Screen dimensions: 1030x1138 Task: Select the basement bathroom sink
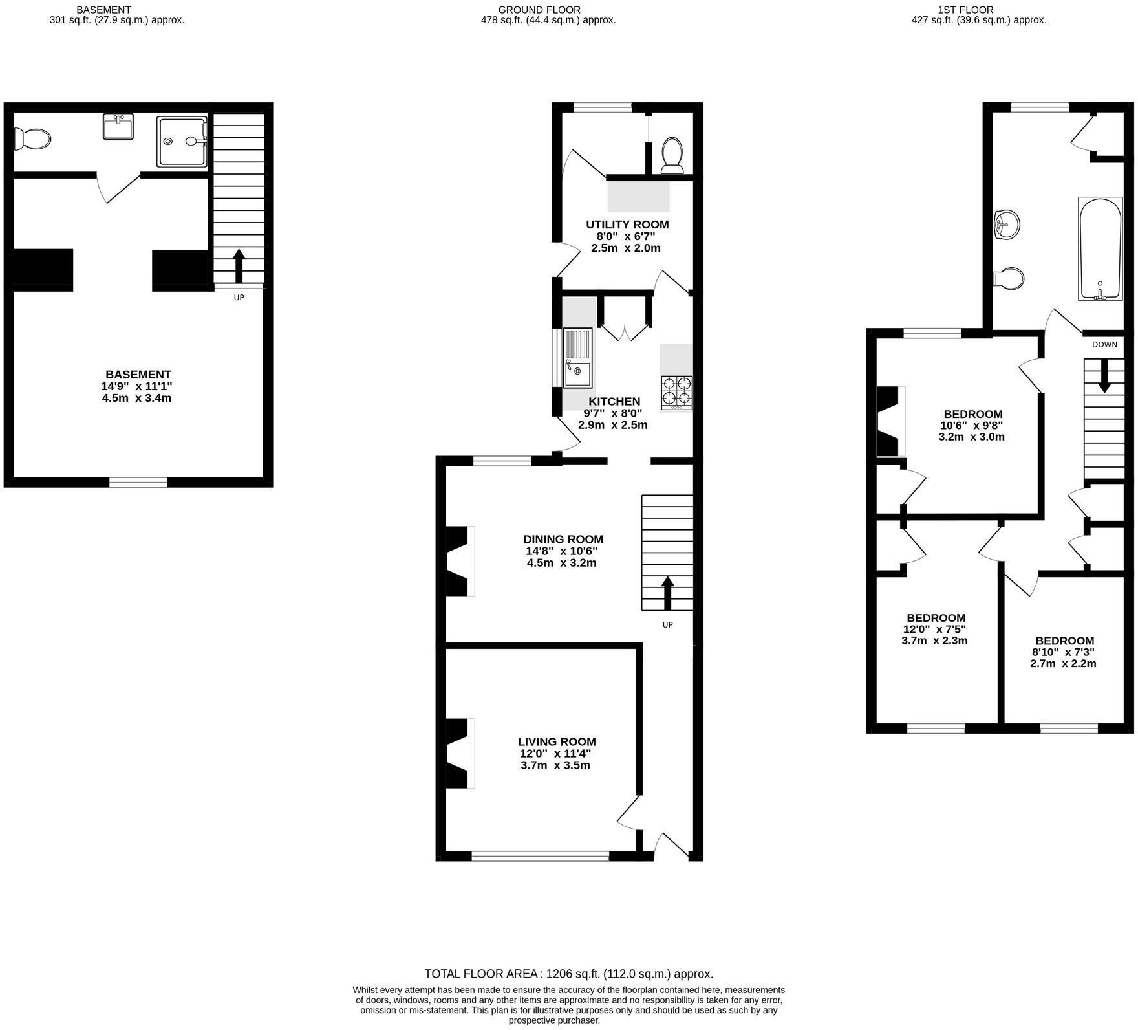118,126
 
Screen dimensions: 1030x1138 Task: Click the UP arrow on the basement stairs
239,265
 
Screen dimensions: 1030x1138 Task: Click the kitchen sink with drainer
577,358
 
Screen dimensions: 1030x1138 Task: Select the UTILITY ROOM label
627,225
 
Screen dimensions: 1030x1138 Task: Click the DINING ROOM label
563,539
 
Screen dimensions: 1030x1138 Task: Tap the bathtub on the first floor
1099,249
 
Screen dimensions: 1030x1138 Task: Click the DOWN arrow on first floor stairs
1104,375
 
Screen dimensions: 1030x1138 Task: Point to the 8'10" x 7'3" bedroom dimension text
1063,652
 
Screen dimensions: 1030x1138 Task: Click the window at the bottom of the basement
138,482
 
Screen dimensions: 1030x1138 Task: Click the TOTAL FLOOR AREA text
568,974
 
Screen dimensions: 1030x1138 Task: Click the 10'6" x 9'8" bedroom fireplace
888,421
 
